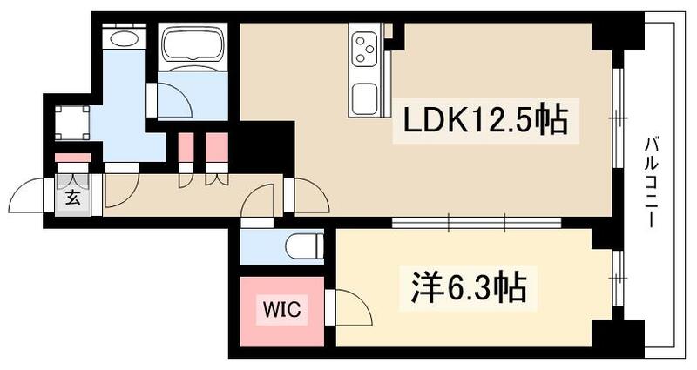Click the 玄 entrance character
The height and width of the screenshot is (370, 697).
[73, 197]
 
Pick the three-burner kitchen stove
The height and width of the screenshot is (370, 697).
[364, 44]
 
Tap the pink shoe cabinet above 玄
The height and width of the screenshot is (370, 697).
[72, 158]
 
